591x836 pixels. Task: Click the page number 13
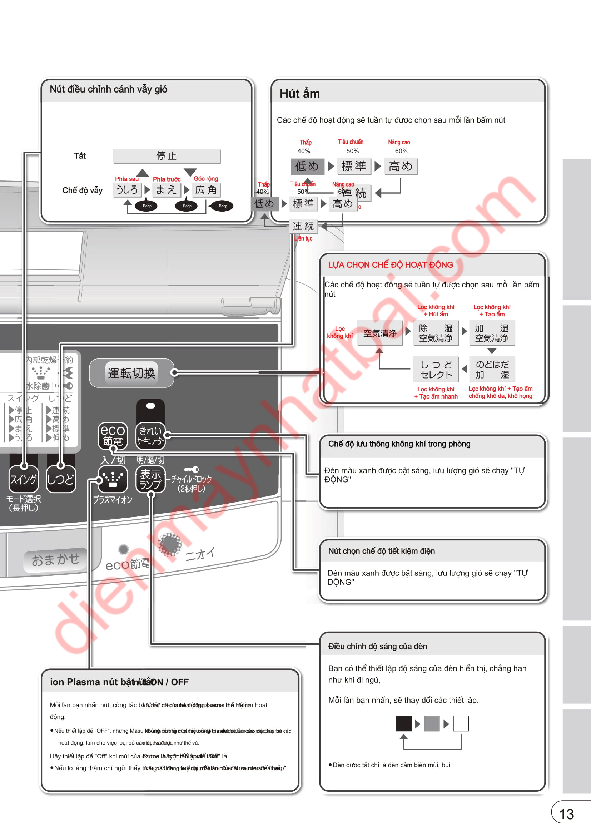[566, 814]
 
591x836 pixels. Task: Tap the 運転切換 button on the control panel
[131, 373]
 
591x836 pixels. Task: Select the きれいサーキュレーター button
[150, 435]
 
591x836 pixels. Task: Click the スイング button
[24, 479]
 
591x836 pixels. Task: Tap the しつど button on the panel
[61, 479]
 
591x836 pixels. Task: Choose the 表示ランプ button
[150, 479]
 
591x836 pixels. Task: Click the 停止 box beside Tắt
[166, 156]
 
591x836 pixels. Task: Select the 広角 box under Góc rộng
[205, 190]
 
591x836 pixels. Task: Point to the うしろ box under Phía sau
[127, 190]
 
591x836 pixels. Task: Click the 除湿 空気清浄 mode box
[436, 333]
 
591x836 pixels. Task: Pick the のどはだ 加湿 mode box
[492, 369]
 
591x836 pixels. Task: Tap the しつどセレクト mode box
[436, 369]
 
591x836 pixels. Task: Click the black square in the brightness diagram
[403, 723]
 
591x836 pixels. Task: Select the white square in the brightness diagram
[461, 723]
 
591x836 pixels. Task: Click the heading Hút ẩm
[299, 94]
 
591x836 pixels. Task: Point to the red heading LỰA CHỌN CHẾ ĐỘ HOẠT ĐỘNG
[391, 265]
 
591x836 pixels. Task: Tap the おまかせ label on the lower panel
[55, 560]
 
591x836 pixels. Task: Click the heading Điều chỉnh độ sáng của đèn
[377, 646]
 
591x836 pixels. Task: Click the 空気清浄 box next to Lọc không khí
[380, 333]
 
